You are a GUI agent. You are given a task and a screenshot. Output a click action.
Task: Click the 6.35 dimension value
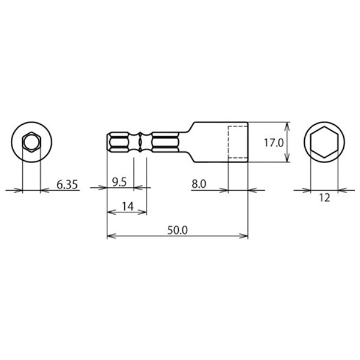click(67, 185)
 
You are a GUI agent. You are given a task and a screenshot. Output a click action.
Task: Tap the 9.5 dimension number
click(119, 182)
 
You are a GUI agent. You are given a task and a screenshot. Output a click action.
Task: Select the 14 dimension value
click(128, 206)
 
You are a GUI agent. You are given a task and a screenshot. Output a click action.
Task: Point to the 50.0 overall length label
click(178, 230)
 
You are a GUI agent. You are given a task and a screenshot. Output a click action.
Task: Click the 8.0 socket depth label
click(199, 184)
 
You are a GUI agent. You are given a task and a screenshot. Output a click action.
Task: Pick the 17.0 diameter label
click(274, 143)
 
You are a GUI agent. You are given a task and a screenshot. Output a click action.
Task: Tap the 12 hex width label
click(325, 197)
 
